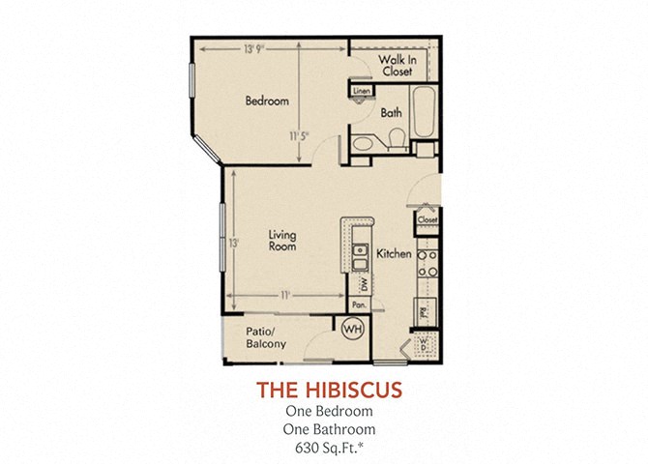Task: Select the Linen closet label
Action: click(362, 92)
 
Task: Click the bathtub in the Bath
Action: click(426, 114)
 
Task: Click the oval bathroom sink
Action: click(364, 145)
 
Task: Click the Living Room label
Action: click(282, 242)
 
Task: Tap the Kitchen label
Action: click(394, 254)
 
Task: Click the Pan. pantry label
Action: click(358, 304)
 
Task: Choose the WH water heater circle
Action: click(351, 329)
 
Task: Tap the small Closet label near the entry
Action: click(427, 220)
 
